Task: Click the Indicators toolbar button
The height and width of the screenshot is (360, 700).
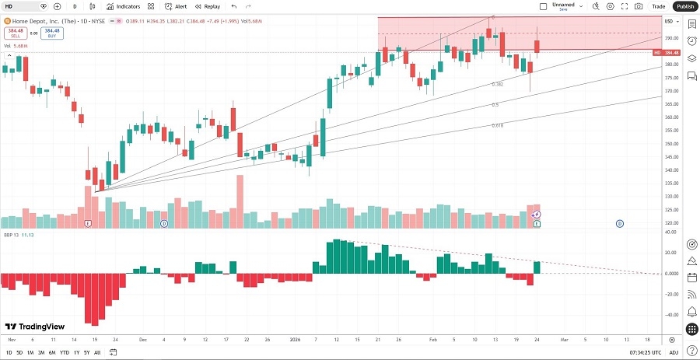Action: pyautogui.click(x=124, y=6)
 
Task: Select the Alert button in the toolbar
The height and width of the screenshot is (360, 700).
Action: pyautogui.click(x=176, y=6)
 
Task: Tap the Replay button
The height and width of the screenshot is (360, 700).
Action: pyautogui.click(x=208, y=6)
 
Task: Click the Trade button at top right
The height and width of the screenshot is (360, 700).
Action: pyautogui.click(x=658, y=6)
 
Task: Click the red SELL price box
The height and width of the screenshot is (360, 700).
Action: pyautogui.click(x=15, y=33)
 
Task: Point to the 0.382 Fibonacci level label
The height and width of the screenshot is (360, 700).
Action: pyautogui.click(x=498, y=84)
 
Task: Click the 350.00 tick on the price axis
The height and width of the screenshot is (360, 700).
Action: pyautogui.click(x=670, y=144)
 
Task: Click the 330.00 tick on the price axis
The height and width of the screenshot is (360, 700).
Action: pyautogui.click(x=670, y=197)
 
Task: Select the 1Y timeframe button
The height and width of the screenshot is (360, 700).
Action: pyautogui.click(x=75, y=353)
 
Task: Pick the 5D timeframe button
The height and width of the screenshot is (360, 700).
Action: pyautogui.click(x=19, y=353)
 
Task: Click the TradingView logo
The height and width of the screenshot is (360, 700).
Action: pyautogui.click(x=34, y=327)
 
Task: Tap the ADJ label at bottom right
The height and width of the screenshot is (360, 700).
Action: pyautogui.click(x=674, y=353)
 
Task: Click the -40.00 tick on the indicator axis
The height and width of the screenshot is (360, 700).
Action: pyautogui.click(x=670, y=315)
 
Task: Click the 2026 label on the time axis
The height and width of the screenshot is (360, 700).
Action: pyautogui.click(x=294, y=340)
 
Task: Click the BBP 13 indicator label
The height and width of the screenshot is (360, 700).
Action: pyautogui.click(x=13, y=234)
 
